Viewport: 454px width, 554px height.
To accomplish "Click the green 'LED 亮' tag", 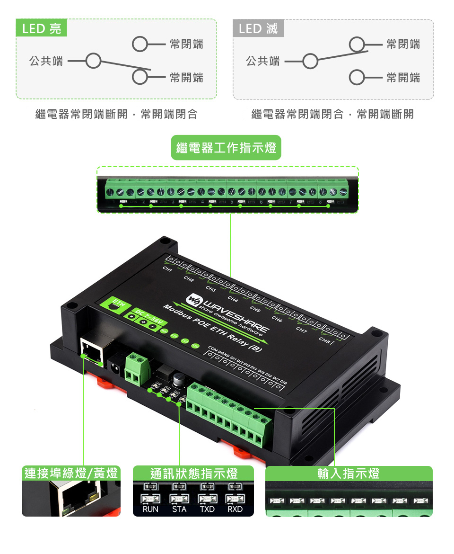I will click(x=42, y=28).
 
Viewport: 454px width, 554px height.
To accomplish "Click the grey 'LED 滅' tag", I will click(x=258, y=28).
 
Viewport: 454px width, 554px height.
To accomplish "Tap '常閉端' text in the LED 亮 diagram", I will click(x=186, y=45).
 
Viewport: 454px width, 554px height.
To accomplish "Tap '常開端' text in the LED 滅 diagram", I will click(x=403, y=78).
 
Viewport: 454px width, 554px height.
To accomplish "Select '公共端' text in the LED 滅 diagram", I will click(x=263, y=61).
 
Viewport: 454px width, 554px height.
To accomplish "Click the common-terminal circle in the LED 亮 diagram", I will click(x=94, y=61).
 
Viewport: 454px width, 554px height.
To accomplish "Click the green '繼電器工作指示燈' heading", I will click(x=226, y=148).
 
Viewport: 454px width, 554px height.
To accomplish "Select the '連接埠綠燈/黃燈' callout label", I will click(x=71, y=473).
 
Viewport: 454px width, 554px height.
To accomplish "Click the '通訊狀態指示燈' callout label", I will click(x=193, y=473).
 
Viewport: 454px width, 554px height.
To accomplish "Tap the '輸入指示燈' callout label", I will click(x=349, y=473).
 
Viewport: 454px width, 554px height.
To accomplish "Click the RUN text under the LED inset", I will click(x=150, y=509).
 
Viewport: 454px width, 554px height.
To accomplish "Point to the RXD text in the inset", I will click(x=235, y=509).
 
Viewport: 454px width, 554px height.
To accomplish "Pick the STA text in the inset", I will click(x=179, y=509).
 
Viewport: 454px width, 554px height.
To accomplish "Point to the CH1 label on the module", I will click(x=167, y=269).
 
